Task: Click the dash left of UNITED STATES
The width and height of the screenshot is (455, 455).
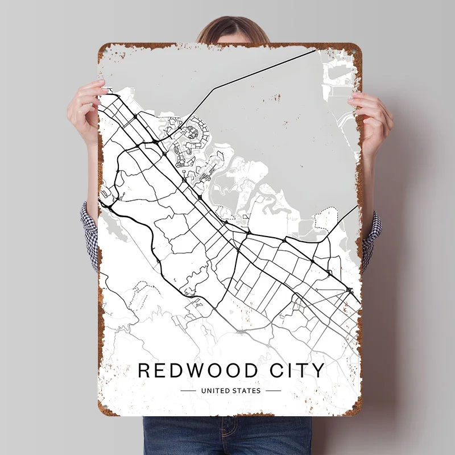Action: click(188, 391)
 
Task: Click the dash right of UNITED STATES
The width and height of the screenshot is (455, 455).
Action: click(273, 391)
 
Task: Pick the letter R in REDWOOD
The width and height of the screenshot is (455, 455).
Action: click(144, 370)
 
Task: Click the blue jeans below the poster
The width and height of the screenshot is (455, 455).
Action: click(227, 435)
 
